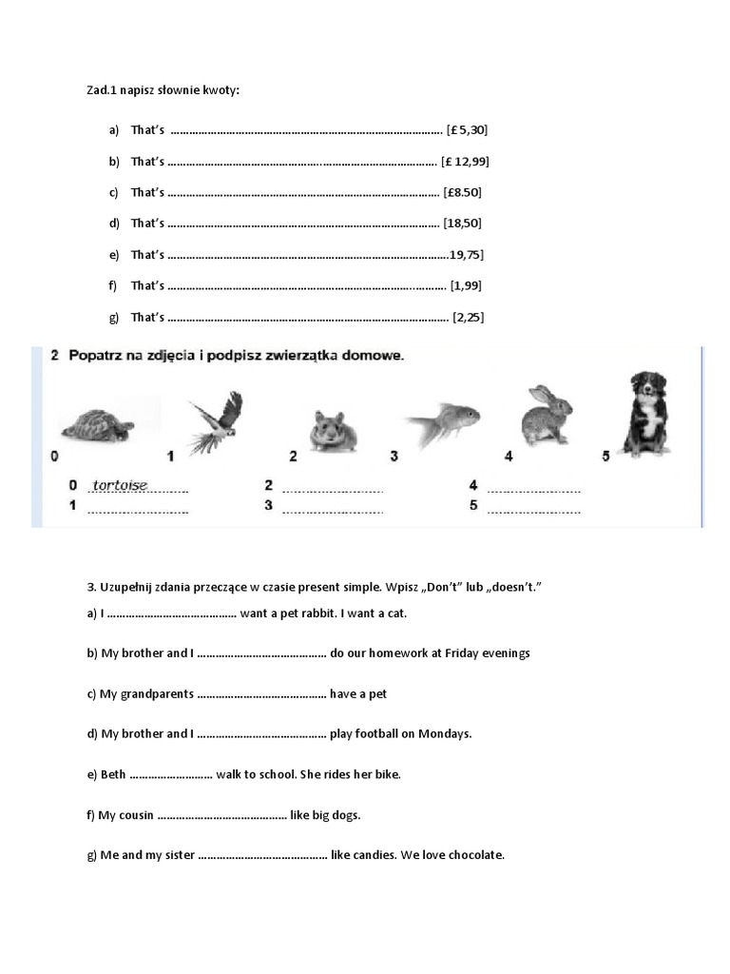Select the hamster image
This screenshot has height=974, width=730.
336,430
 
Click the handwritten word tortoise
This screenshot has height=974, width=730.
120,485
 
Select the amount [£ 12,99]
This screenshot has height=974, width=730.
466,161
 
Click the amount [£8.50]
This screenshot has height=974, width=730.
463,192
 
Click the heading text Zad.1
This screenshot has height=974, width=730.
104,89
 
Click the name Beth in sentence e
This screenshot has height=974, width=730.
113,774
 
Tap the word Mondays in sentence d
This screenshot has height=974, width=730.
443,733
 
